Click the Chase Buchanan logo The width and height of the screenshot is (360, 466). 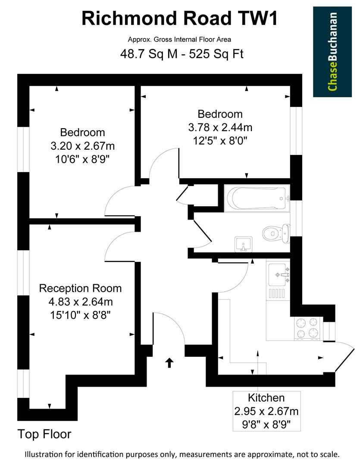tap(332, 51)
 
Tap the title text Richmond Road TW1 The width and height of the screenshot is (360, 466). tap(180, 19)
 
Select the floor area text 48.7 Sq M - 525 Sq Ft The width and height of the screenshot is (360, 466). tap(180, 55)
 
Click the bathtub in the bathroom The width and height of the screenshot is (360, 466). tap(257, 198)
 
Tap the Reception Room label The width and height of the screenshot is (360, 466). tap(80, 288)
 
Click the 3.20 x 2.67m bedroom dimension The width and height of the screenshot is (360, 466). tap(83, 145)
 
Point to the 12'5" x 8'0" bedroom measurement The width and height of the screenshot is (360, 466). tap(220, 140)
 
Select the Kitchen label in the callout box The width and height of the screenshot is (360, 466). tap(266, 397)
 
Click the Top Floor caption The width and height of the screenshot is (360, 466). tap(44, 434)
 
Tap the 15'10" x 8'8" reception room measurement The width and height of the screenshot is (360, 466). tap(80, 315)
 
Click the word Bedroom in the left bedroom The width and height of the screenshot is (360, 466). tap(83, 132)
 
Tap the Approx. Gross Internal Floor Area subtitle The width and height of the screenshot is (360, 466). tap(179, 39)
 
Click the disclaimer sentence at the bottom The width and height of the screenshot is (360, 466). tap(182, 454)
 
